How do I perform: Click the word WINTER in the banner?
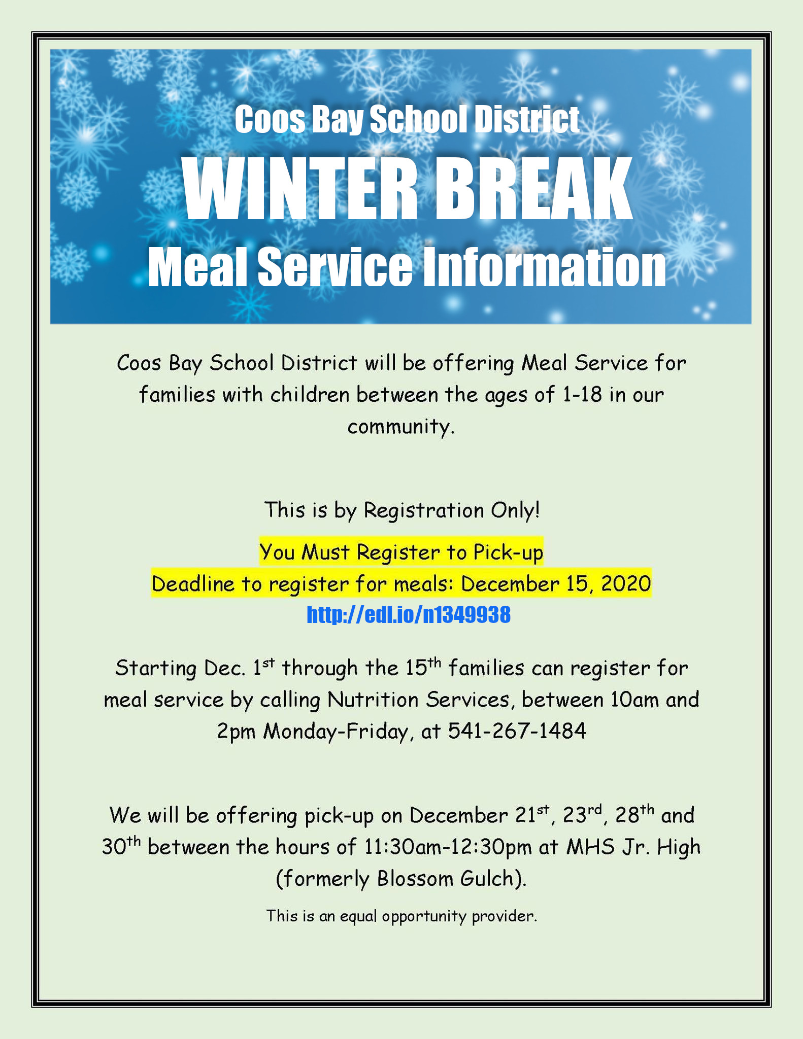pyautogui.click(x=300, y=189)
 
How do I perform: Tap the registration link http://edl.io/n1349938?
pyautogui.click(x=409, y=614)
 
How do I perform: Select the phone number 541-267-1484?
pyautogui.click(x=517, y=731)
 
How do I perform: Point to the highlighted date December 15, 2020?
pyautogui.click(x=556, y=584)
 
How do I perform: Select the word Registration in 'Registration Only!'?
pyautogui.click(x=424, y=510)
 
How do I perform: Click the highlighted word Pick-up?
pyautogui.click(x=508, y=552)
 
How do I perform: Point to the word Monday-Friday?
pyautogui.click(x=336, y=732)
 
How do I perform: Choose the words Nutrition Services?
pyautogui.click(x=418, y=700)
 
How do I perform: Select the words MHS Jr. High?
pyautogui.click(x=633, y=847)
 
